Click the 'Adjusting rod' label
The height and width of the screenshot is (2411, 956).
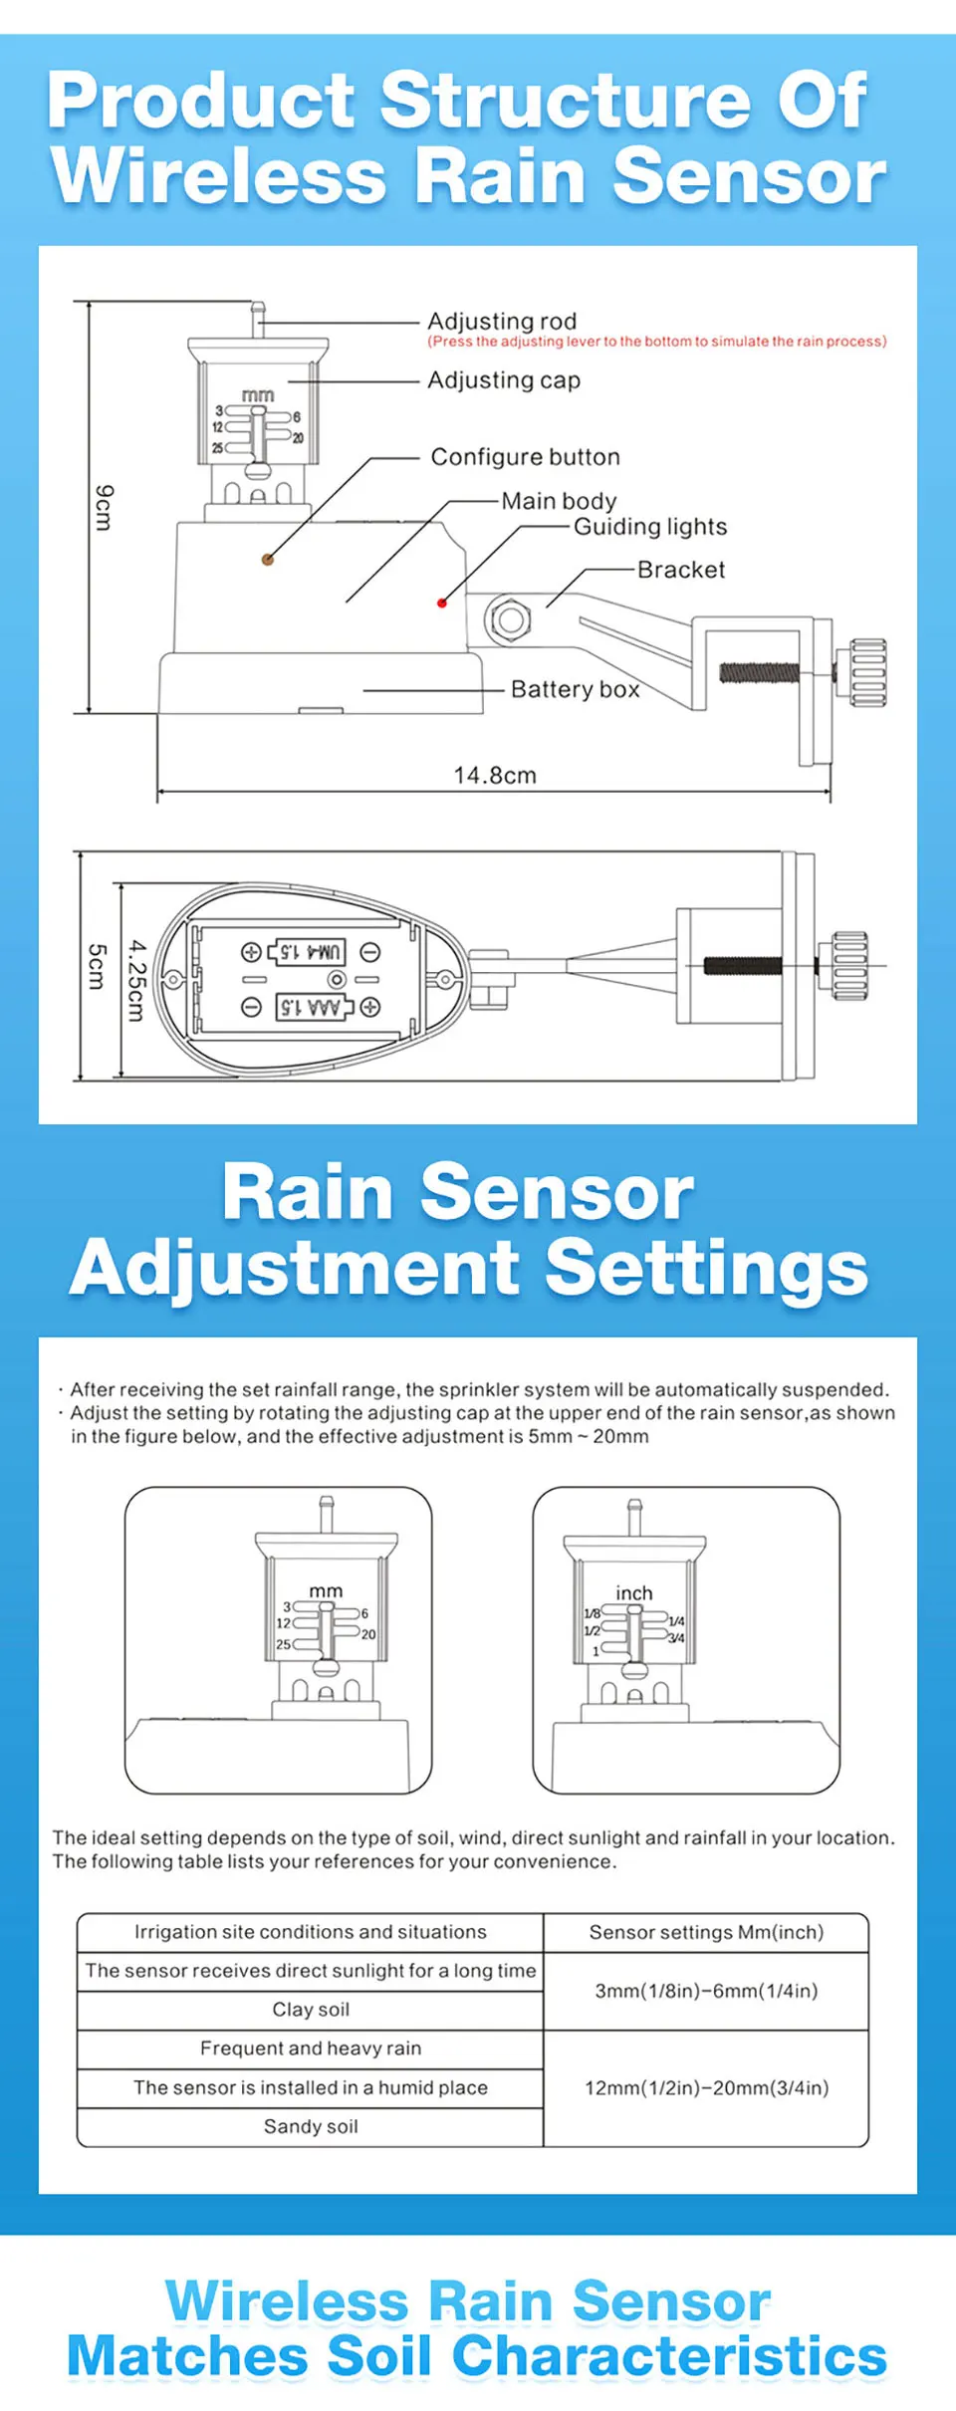pos(502,322)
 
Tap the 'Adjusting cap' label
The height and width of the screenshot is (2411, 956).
pos(504,380)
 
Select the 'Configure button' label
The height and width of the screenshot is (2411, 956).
pos(525,457)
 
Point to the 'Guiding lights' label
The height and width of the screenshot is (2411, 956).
pos(650,527)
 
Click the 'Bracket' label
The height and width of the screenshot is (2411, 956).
pos(681,570)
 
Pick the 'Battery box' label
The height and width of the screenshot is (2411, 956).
pos(575,689)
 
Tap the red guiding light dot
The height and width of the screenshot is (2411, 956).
pos(442,603)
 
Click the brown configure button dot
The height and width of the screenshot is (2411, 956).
pos(267,560)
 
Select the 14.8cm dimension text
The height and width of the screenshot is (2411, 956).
pos(495,775)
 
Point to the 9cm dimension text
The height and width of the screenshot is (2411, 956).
pos(104,508)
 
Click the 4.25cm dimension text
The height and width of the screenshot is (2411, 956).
pos(137,980)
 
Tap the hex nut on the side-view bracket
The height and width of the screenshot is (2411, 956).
pos(510,620)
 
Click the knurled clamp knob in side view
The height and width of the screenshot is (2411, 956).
pos(867,672)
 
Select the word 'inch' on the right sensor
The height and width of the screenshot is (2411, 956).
pos(633,1593)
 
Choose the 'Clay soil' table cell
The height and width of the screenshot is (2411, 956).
pos(311,2010)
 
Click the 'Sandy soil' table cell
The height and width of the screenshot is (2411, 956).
pos(311,2126)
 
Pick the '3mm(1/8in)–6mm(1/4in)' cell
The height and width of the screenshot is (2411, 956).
pos(706,1991)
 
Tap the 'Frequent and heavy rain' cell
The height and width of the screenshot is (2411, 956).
pos(311,2049)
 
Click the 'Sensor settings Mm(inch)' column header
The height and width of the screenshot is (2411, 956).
pos(706,1932)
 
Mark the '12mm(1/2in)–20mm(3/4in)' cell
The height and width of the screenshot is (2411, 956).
pos(706,2087)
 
